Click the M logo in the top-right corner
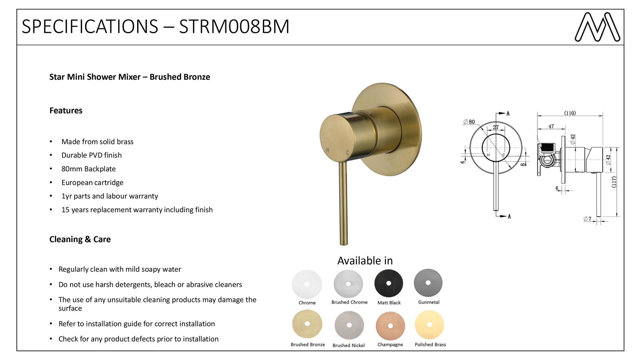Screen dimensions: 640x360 597,27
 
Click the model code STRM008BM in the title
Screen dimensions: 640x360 234,27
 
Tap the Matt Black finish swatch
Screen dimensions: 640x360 389,283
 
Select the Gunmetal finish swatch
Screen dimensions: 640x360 428,283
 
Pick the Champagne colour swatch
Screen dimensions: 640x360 390,326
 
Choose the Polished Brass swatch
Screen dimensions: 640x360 429,325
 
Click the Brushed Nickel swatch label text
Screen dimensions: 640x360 348,345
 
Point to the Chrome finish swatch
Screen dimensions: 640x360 307,284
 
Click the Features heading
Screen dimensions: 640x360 66,111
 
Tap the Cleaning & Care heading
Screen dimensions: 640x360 80,239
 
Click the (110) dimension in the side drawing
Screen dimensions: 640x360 570,113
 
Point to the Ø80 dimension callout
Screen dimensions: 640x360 469,122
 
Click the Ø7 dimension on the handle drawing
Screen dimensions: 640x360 587,219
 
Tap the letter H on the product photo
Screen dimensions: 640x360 327,150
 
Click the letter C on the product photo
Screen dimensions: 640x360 347,153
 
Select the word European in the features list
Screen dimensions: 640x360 77,183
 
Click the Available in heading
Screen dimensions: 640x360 365,261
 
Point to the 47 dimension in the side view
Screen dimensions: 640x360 551,127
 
